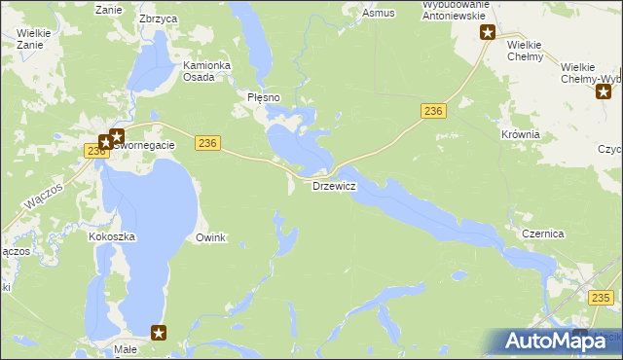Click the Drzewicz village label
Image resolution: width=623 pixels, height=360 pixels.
[x=334, y=186]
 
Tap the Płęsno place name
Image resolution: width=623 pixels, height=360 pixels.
[x=264, y=98]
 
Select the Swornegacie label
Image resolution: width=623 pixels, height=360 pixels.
[x=145, y=145]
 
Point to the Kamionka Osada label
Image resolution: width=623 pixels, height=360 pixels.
[x=206, y=73]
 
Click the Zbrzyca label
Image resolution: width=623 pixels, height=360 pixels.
[x=159, y=18]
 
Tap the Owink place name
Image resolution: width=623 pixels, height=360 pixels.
[x=210, y=237]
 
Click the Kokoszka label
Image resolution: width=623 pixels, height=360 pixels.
[x=111, y=236]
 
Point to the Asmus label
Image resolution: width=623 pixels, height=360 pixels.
[x=378, y=14]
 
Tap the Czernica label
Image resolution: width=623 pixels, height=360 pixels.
[x=543, y=234]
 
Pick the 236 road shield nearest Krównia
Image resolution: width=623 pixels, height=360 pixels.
[x=434, y=113]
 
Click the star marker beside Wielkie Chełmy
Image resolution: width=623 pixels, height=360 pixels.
[x=488, y=33]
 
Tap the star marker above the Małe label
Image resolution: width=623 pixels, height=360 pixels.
[x=159, y=332]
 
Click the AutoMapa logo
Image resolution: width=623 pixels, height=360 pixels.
[x=556, y=341]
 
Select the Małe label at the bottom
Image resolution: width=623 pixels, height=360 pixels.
[x=126, y=348]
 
